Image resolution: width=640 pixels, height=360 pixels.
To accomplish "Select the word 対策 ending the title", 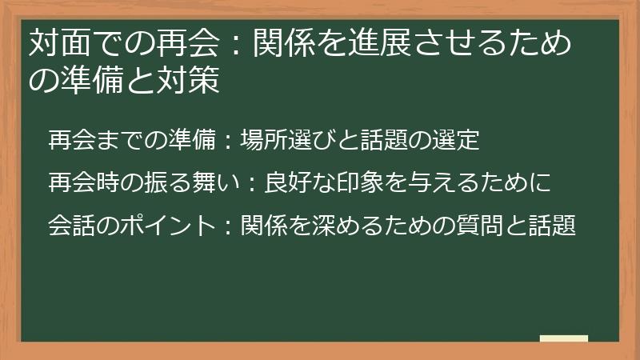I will pyautogui.click(x=193, y=82).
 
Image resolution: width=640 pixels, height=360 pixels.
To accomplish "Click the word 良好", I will pyautogui.click(x=287, y=183).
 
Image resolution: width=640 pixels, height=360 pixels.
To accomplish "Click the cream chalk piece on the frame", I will pyautogui.click(x=563, y=339).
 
